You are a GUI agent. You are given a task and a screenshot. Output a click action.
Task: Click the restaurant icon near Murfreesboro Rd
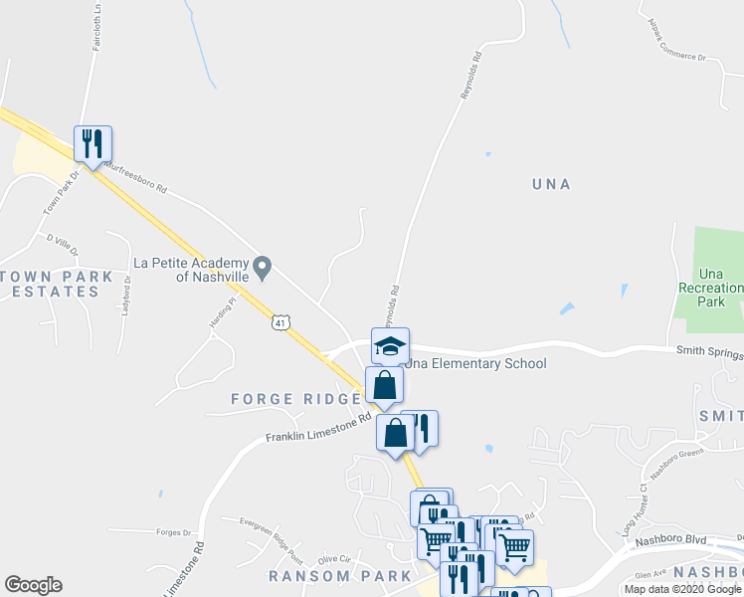[x=93, y=144]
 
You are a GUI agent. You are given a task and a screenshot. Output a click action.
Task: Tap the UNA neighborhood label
[x=551, y=184]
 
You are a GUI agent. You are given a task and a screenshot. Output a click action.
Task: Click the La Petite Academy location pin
[x=263, y=266]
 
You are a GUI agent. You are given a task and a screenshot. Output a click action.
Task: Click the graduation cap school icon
[x=390, y=347]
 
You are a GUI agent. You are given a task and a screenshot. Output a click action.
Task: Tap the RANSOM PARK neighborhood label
[x=339, y=576]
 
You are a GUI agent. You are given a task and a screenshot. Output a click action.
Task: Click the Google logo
[x=33, y=585]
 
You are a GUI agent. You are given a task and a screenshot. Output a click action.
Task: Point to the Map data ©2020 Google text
[x=683, y=589]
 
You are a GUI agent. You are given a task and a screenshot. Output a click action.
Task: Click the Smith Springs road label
[x=708, y=350]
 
